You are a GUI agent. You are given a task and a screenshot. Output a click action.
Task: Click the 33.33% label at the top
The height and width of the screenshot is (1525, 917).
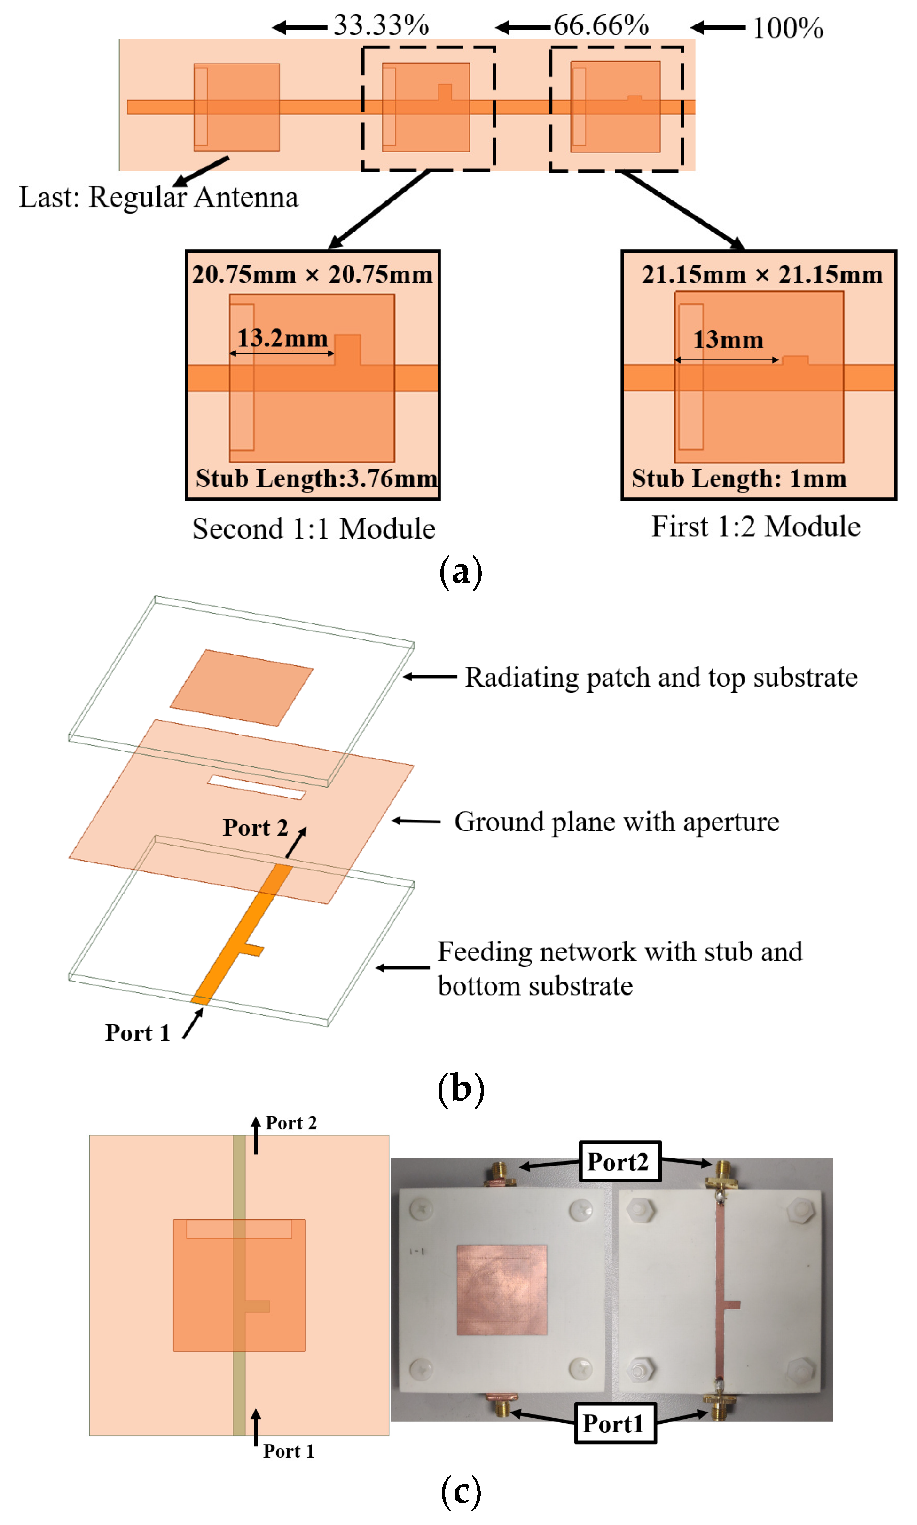point(381,25)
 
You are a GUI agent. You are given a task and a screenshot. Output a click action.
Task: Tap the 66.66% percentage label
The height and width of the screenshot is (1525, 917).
point(601,25)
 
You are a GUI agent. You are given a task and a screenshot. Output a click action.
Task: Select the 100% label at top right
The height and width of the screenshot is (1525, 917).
point(787,28)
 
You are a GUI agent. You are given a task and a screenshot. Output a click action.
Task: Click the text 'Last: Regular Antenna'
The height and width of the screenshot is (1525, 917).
point(158,197)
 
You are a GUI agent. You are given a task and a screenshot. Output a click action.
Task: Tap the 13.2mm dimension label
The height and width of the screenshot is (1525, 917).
point(282,338)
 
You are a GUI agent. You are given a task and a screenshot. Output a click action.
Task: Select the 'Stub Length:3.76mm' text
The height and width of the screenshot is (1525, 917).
point(316,478)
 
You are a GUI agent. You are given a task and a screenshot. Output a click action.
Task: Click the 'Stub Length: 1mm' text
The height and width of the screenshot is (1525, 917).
point(738,478)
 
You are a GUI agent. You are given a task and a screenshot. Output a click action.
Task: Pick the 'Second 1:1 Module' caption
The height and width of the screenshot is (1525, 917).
point(314,529)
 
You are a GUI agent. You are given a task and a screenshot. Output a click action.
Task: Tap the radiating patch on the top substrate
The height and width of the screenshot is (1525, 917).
point(241,687)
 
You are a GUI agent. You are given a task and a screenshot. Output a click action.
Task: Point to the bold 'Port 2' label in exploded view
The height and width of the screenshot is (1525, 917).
point(255,827)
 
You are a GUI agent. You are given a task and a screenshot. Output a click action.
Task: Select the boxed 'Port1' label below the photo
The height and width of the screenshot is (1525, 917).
point(615,1423)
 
